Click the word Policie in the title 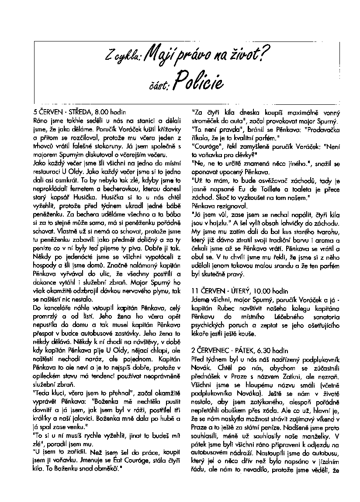coord(198,80)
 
